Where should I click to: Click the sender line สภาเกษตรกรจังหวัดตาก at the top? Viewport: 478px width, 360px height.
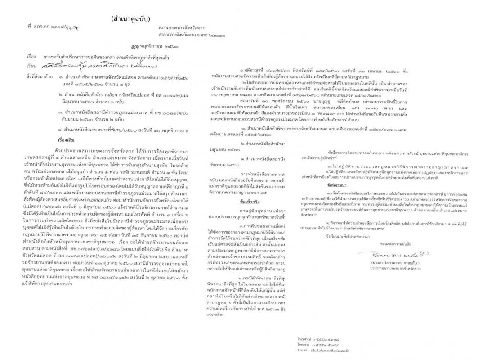click(175, 28)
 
